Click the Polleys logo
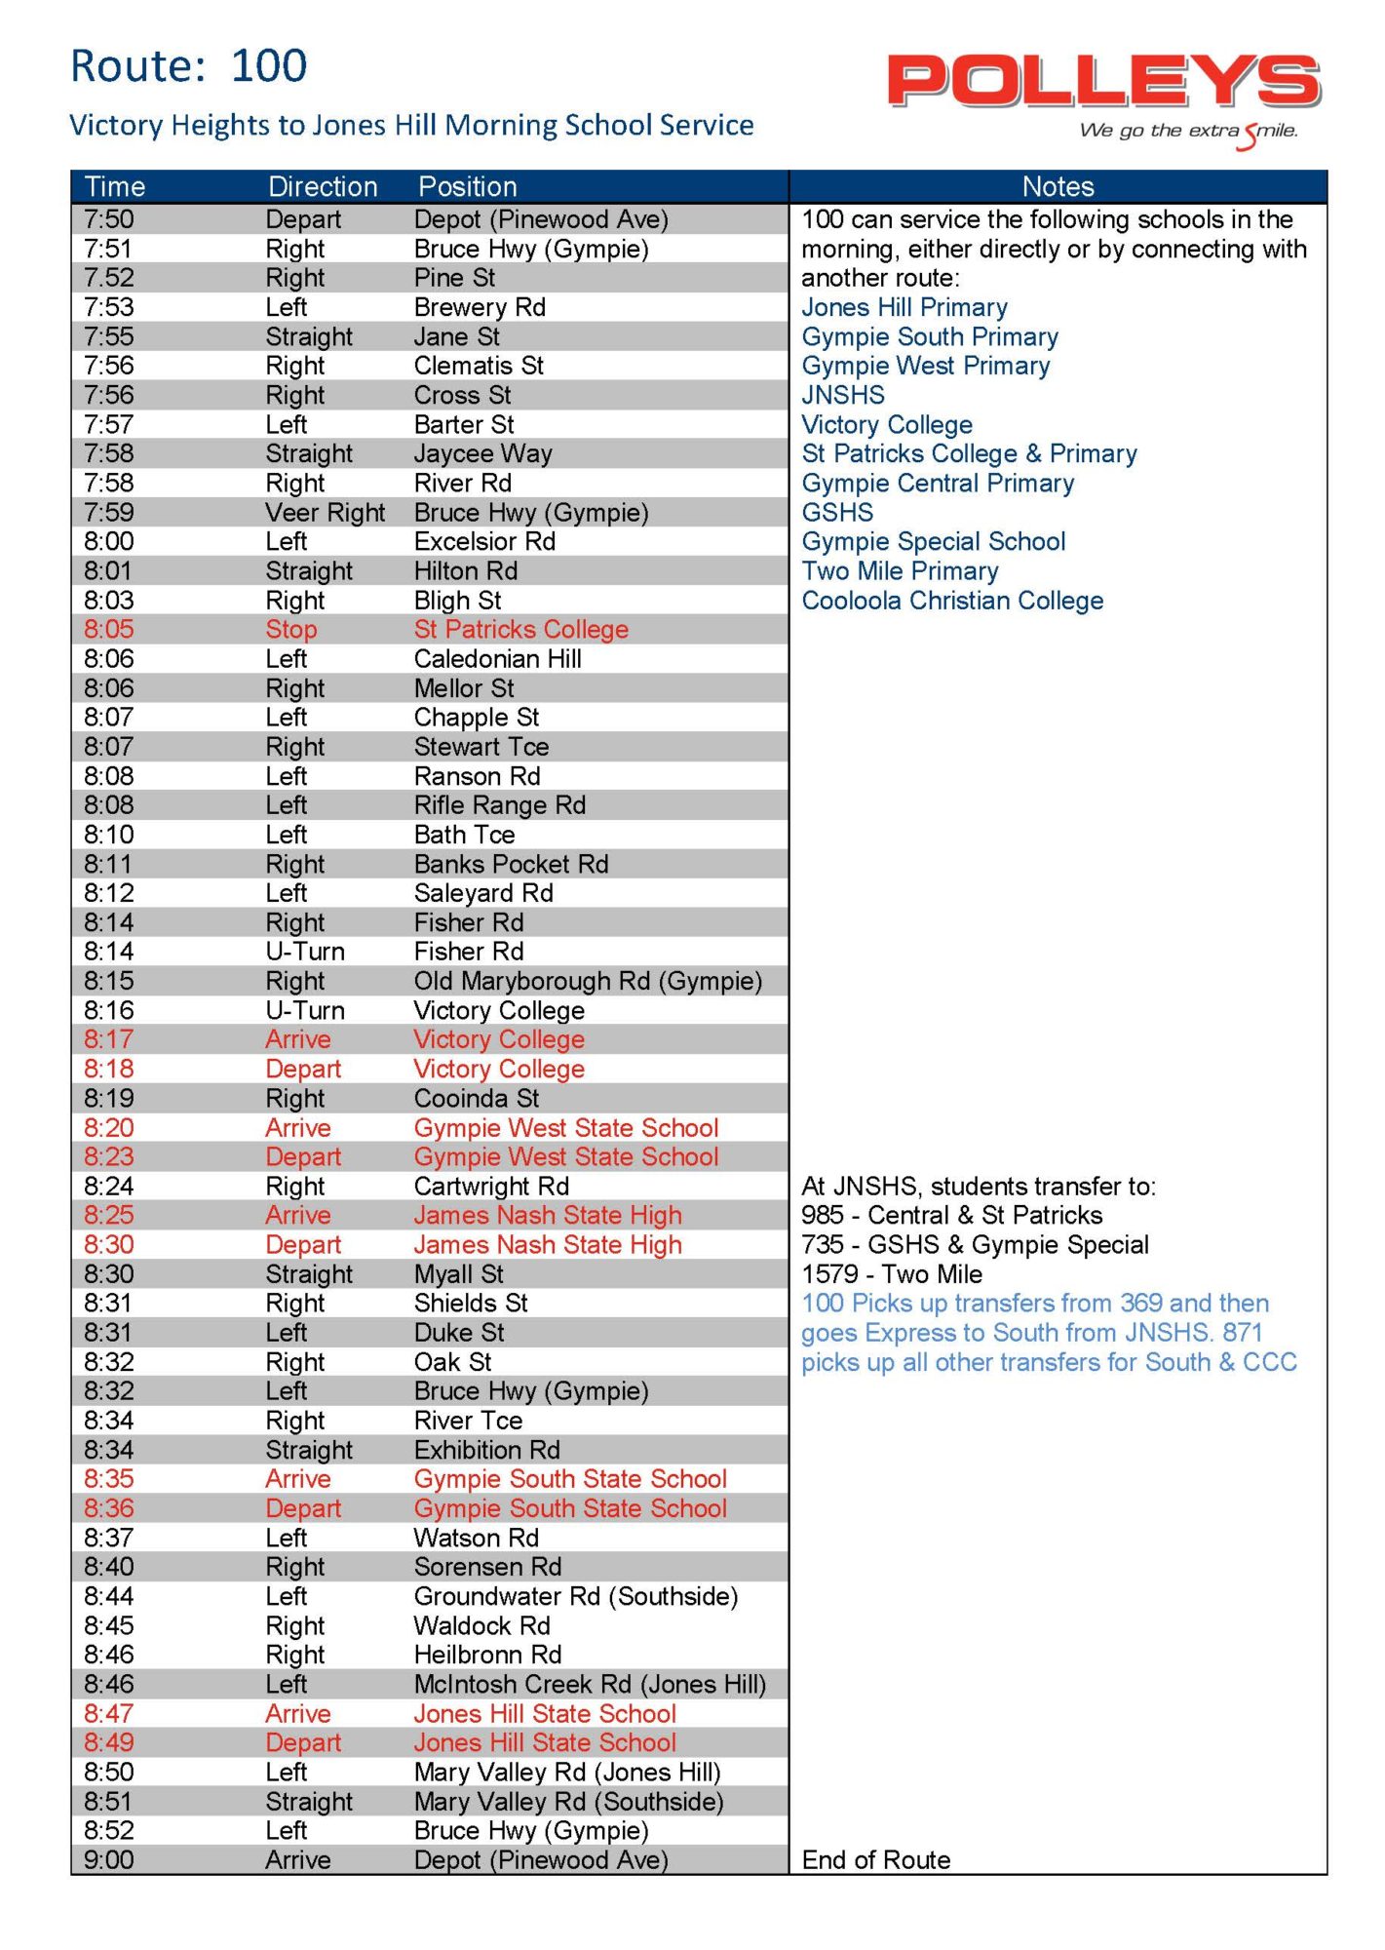click(1103, 82)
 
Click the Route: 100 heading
click(189, 66)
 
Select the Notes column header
click(1058, 186)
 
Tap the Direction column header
click(323, 186)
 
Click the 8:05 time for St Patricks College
click(108, 630)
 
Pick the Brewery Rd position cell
click(480, 307)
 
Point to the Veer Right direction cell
click(326, 513)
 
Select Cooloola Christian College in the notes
click(952, 601)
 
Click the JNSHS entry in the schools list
click(843, 395)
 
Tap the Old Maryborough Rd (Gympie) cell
click(588, 981)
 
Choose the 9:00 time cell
click(108, 1860)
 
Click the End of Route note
click(875, 1860)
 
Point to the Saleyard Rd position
click(483, 893)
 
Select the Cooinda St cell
click(477, 1099)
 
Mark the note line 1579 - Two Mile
click(892, 1274)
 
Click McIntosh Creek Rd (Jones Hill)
click(590, 1685)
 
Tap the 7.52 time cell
click(108, 278)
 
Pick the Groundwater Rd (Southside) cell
click(576, 1596)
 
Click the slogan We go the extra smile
click(1188, 132)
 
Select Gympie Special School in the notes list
click(933, 542)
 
